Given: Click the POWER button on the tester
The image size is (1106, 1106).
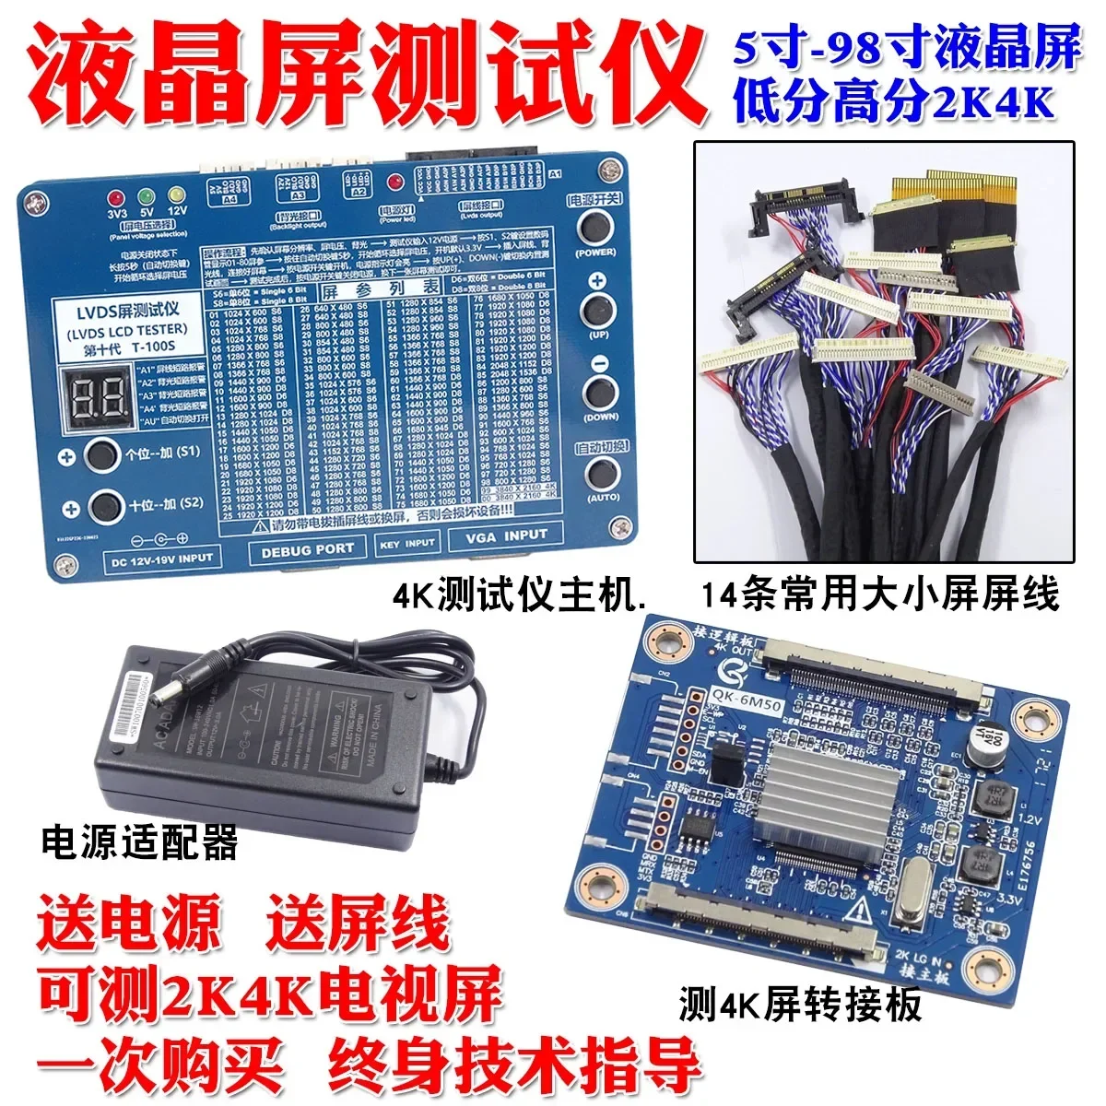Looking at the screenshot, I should pyautogui.click(x=596, y=226).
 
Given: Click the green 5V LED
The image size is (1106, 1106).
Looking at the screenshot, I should pyautogui.click(x=146, y=196).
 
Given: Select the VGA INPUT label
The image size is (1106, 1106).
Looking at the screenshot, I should pyautogui.click(x=506, y=535).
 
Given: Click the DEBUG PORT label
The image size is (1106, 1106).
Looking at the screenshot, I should pyautogui.click(x=308, y=549).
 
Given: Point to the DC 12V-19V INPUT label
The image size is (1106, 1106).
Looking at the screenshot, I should pyautogui.click(x=161, y=558).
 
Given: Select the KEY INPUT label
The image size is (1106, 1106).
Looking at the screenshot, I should pyautogui.click(x=406, y=544).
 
